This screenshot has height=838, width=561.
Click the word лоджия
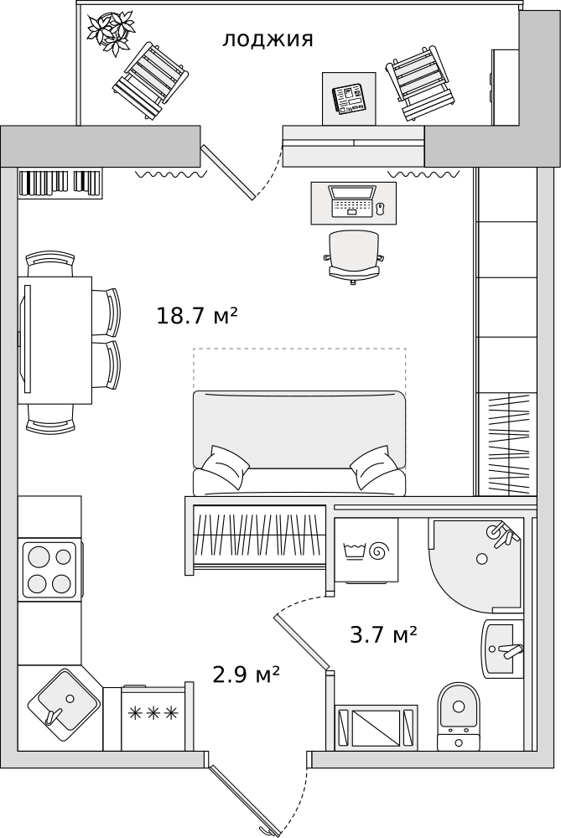click(268, 39)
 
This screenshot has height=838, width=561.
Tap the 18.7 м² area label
click(197, 316)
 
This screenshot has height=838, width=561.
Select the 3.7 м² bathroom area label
click(383, 635)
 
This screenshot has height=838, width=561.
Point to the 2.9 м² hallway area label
click(246, 675)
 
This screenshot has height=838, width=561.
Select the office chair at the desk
click(353, 255)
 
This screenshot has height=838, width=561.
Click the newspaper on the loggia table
click(349, 98)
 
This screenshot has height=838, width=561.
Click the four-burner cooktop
click(49, 570)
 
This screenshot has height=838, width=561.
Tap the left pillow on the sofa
click(225, 467)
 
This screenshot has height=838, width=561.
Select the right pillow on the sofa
click(374, 467)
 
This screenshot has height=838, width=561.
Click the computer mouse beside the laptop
click(380, 207)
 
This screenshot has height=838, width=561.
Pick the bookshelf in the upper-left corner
click(60, 183)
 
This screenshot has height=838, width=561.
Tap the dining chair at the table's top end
click(51, 263)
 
